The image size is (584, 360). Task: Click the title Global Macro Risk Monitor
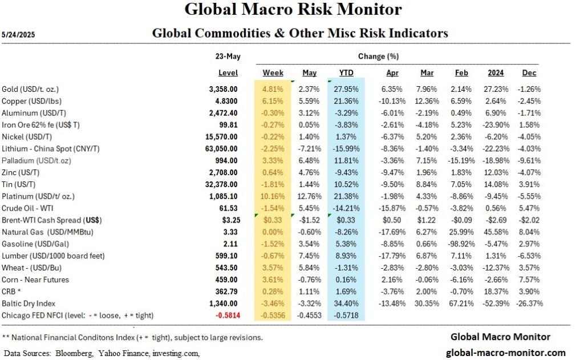[x=293, y=10]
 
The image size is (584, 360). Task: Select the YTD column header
[x=346, y=73]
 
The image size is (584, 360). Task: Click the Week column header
[x=273, y=73]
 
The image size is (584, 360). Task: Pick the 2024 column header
[x=496, y=73]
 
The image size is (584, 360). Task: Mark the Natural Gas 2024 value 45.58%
[x=496, y=232]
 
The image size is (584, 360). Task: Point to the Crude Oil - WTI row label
[x=28, y=208]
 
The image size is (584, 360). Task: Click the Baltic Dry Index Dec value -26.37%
[x=528, y=304]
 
